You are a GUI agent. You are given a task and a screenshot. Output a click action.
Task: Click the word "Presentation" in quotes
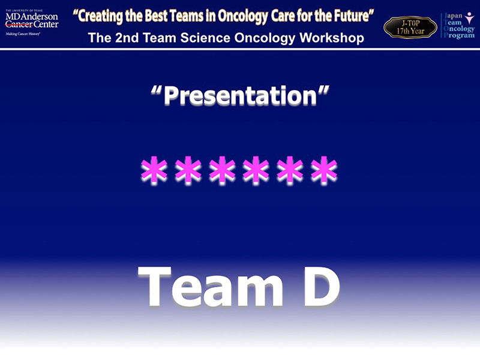point(240,96)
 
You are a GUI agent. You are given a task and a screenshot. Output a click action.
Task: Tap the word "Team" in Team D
point(211,287)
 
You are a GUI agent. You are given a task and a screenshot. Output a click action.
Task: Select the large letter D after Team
point(322,287)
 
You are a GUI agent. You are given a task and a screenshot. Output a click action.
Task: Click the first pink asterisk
point(154,170)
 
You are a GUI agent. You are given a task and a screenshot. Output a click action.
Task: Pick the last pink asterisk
point(324,170)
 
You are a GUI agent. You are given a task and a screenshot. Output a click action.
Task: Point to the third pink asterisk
point(222,170)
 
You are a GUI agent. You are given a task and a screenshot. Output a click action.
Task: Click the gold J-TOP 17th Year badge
point(410,27)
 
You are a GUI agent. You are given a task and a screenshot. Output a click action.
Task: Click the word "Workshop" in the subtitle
point(332,38)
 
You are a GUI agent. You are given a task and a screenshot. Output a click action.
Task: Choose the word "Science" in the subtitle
point(205,38)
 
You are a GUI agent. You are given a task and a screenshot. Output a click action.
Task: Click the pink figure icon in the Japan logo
point(469,18)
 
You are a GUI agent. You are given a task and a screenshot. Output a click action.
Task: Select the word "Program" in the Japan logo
point(459,35)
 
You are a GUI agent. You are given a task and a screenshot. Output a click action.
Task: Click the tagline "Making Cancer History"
point(23,34)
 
